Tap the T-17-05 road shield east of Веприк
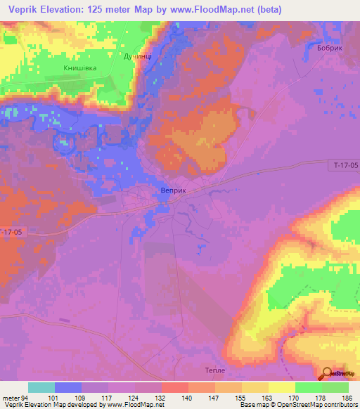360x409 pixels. [x=344, y=164]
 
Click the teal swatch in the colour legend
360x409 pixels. [x=41, y=387]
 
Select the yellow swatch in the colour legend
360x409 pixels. [x=282, y=387]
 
